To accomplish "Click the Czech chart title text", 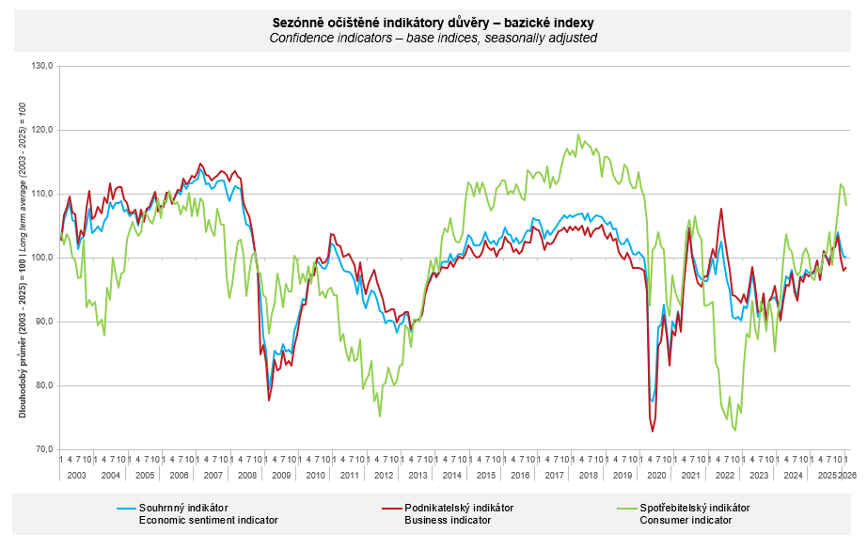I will coord(433,22).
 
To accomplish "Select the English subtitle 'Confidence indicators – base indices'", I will coord(433,38).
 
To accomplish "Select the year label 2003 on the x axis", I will coord(76,476).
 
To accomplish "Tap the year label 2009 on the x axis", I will coord(281,476).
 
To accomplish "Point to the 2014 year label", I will coord(451,476).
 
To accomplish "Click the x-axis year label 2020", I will coord(656,476).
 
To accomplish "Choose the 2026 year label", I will coord(847,476).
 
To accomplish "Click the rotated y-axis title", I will coord(22,258).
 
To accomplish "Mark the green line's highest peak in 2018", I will coord(578,134).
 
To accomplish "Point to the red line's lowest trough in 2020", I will coord(653,431).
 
